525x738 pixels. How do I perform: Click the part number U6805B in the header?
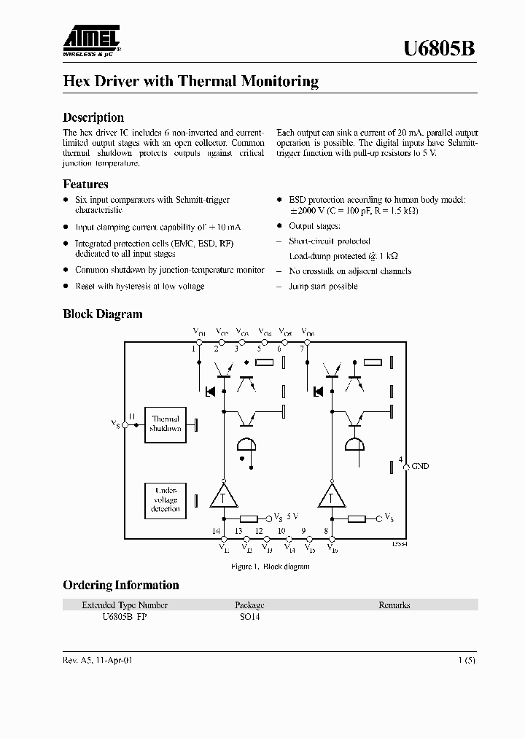click(x=440, y=48)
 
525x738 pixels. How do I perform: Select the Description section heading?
click(x=93, y=117)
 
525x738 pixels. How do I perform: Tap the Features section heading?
click(x=85, y=184)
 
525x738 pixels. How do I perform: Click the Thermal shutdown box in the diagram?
click(x=166, y=424)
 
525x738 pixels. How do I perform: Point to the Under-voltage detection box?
click(x=166, y=500)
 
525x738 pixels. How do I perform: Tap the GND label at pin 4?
click(x=421, y=465)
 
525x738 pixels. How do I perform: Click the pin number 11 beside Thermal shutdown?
click(x=133, y=416)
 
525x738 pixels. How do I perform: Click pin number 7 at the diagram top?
click(x=302, y=349)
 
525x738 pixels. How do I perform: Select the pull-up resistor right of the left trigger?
click(x=248, y=518)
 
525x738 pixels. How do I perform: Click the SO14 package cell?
click(x=249, y=616)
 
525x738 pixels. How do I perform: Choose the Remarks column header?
click(x=394, y=605)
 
